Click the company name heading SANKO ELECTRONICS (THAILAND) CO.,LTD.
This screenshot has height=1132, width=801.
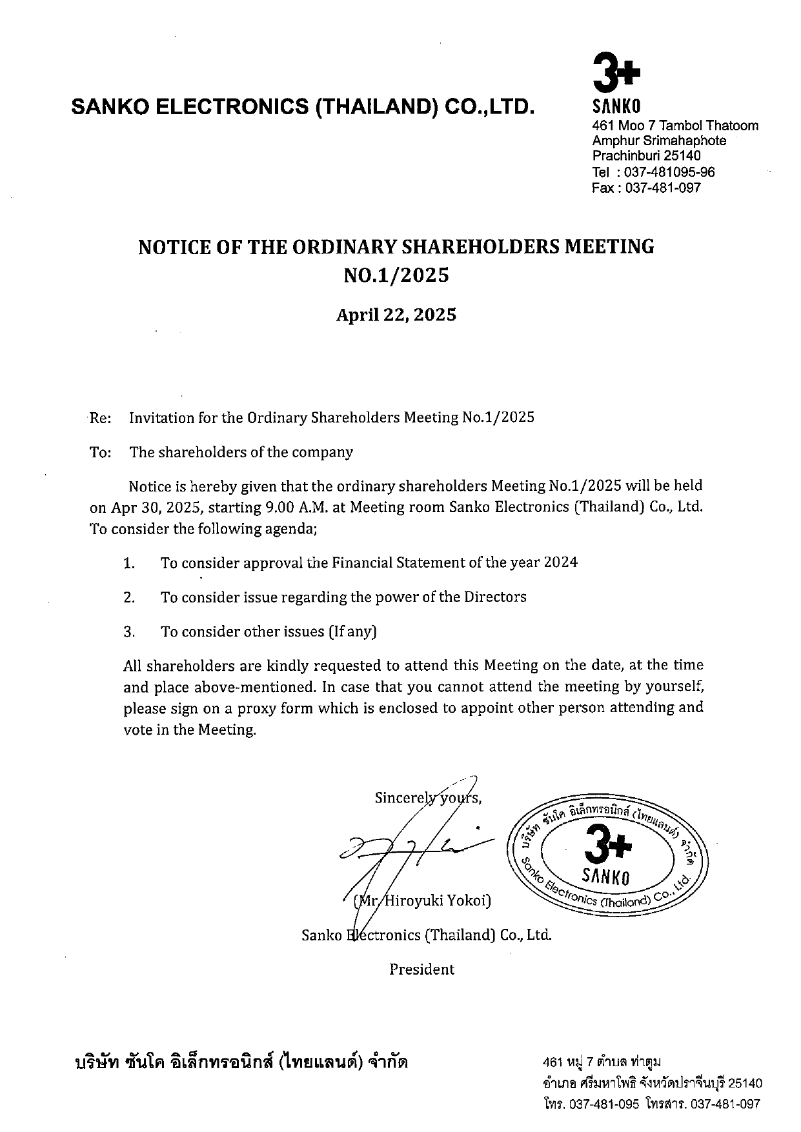(303, 106)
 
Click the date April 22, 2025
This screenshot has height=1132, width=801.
(396, 315)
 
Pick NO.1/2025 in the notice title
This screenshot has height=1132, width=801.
(396, 275)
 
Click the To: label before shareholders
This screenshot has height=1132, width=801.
(100, 452)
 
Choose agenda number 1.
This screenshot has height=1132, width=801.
(129, 563)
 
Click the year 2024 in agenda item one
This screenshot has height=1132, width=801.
(560, 562)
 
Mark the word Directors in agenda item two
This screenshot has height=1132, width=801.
(494, 597)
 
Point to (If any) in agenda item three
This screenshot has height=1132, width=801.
(352, 631)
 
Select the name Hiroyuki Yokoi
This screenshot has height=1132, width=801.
(436, 900)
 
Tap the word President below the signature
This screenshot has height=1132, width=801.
(421, 969)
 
